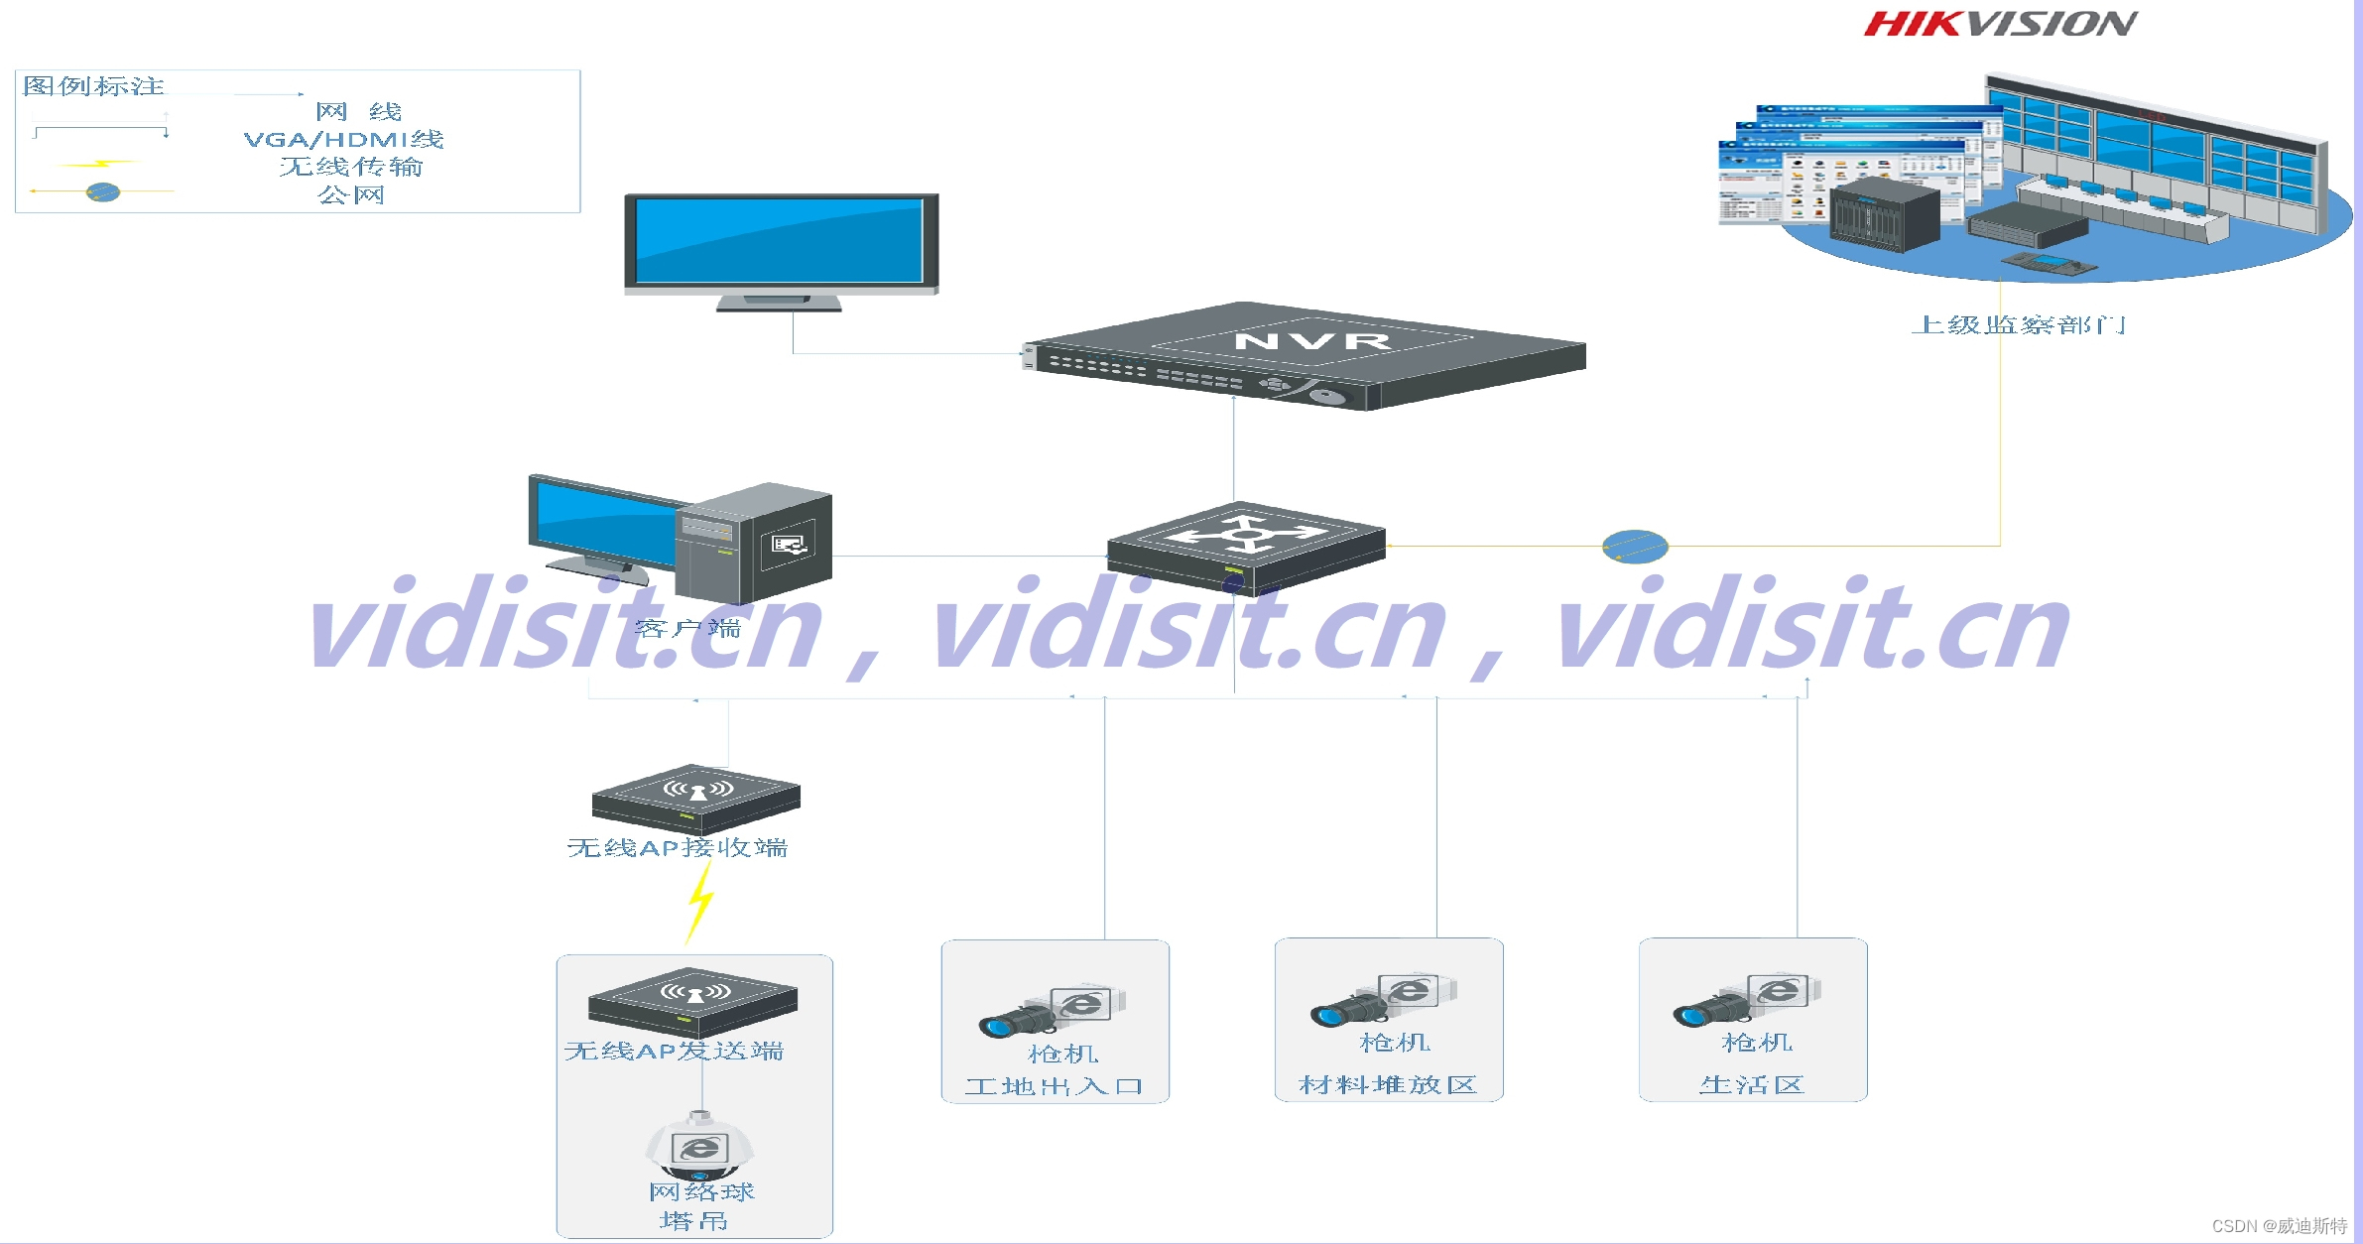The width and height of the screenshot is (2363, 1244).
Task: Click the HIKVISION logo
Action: point(2000,24)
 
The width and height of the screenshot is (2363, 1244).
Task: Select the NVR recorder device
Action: point(1304,355)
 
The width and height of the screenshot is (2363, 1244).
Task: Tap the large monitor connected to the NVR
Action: point(781,247)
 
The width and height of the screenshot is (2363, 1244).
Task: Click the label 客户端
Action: point(687,628)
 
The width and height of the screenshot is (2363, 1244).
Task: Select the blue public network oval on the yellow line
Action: point(1635,547)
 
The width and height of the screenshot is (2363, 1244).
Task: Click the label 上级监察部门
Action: point(2018,325)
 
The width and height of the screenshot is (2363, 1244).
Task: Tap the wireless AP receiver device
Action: point(696,798)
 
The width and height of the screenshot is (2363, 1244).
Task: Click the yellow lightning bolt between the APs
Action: point(700,901)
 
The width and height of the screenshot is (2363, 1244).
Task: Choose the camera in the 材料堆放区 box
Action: point(1385,1000)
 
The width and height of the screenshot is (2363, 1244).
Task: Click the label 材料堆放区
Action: point(1388,1085)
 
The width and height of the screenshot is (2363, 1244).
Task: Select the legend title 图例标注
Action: point(94,86)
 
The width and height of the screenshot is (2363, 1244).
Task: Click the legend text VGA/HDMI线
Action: point(344,140)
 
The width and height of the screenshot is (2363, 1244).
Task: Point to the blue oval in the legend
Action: point(103,191)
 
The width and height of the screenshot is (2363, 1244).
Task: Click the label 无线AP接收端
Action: point(678,848)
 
